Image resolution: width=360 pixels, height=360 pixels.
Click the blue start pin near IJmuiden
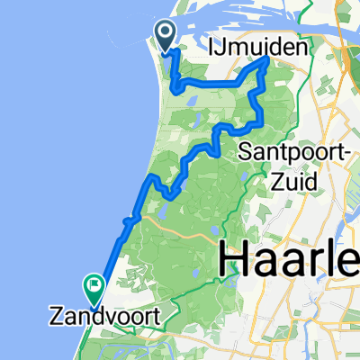pos(166,35)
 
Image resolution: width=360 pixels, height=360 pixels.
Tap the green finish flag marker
pos(94,287)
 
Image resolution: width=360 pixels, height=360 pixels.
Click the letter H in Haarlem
pos(231,261)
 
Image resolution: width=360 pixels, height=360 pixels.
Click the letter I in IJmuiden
pos(215,46)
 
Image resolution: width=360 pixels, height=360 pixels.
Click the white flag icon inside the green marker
pos(94,285)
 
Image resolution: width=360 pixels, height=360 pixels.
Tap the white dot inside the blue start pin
pos(166,33)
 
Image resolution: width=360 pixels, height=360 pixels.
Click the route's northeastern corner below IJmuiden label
pos(268,60)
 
